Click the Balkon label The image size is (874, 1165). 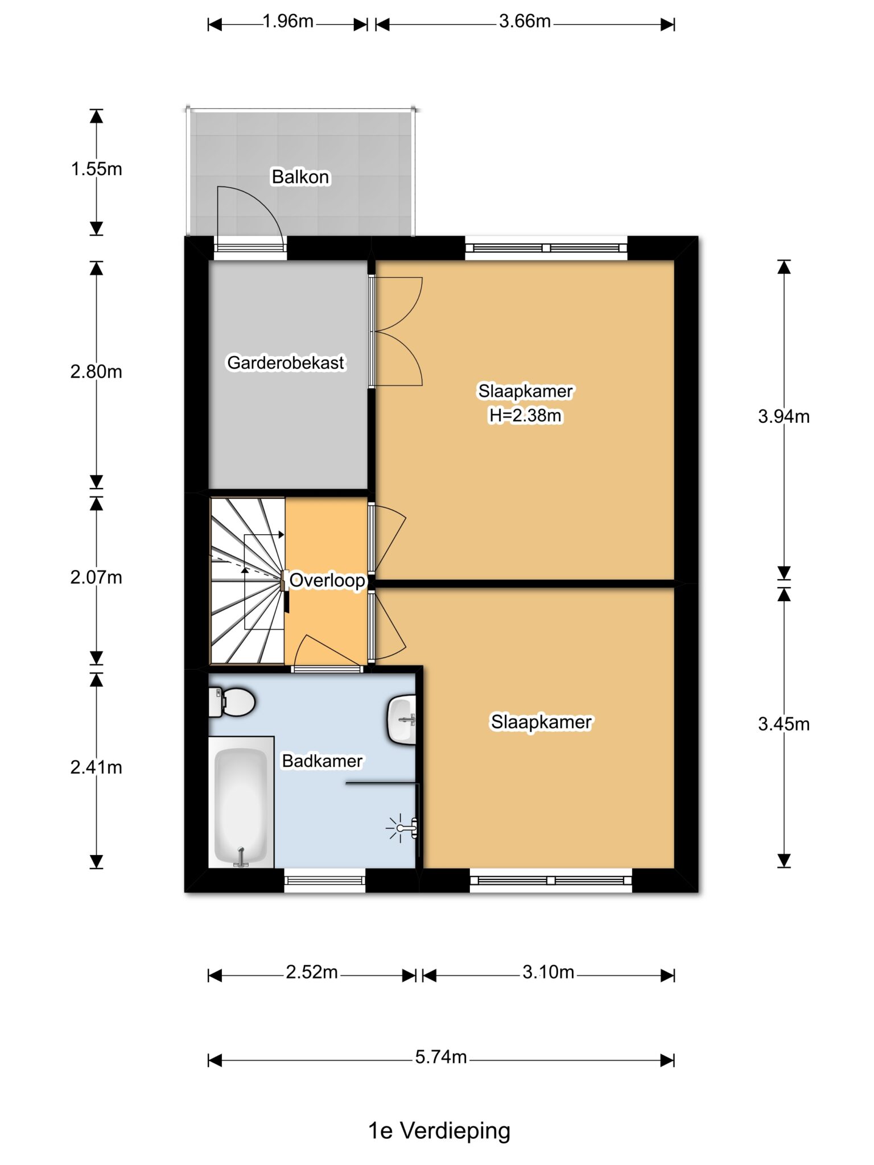click(300, 177)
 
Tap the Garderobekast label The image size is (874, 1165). click(286, 362)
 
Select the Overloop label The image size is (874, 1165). click(327, 581)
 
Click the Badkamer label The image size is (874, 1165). click(322, 761)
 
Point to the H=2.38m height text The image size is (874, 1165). click(525, 416)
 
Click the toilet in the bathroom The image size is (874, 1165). click(232, 702)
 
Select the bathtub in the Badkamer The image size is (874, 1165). click(241, 802)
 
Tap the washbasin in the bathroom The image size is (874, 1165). click(402, 720)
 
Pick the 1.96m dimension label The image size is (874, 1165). click(288, 22)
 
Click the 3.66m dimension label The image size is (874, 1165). click(525, 22)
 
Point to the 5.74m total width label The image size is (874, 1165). click(441, 1057)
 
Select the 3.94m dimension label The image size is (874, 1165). click(784, 416)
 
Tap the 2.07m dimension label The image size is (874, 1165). click(96, 577)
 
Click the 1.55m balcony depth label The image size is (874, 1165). click(96, 169)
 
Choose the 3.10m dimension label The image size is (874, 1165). click(549, 972)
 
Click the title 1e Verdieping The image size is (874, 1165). click(439, 1131)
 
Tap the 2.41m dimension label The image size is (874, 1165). click(96, 767)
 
